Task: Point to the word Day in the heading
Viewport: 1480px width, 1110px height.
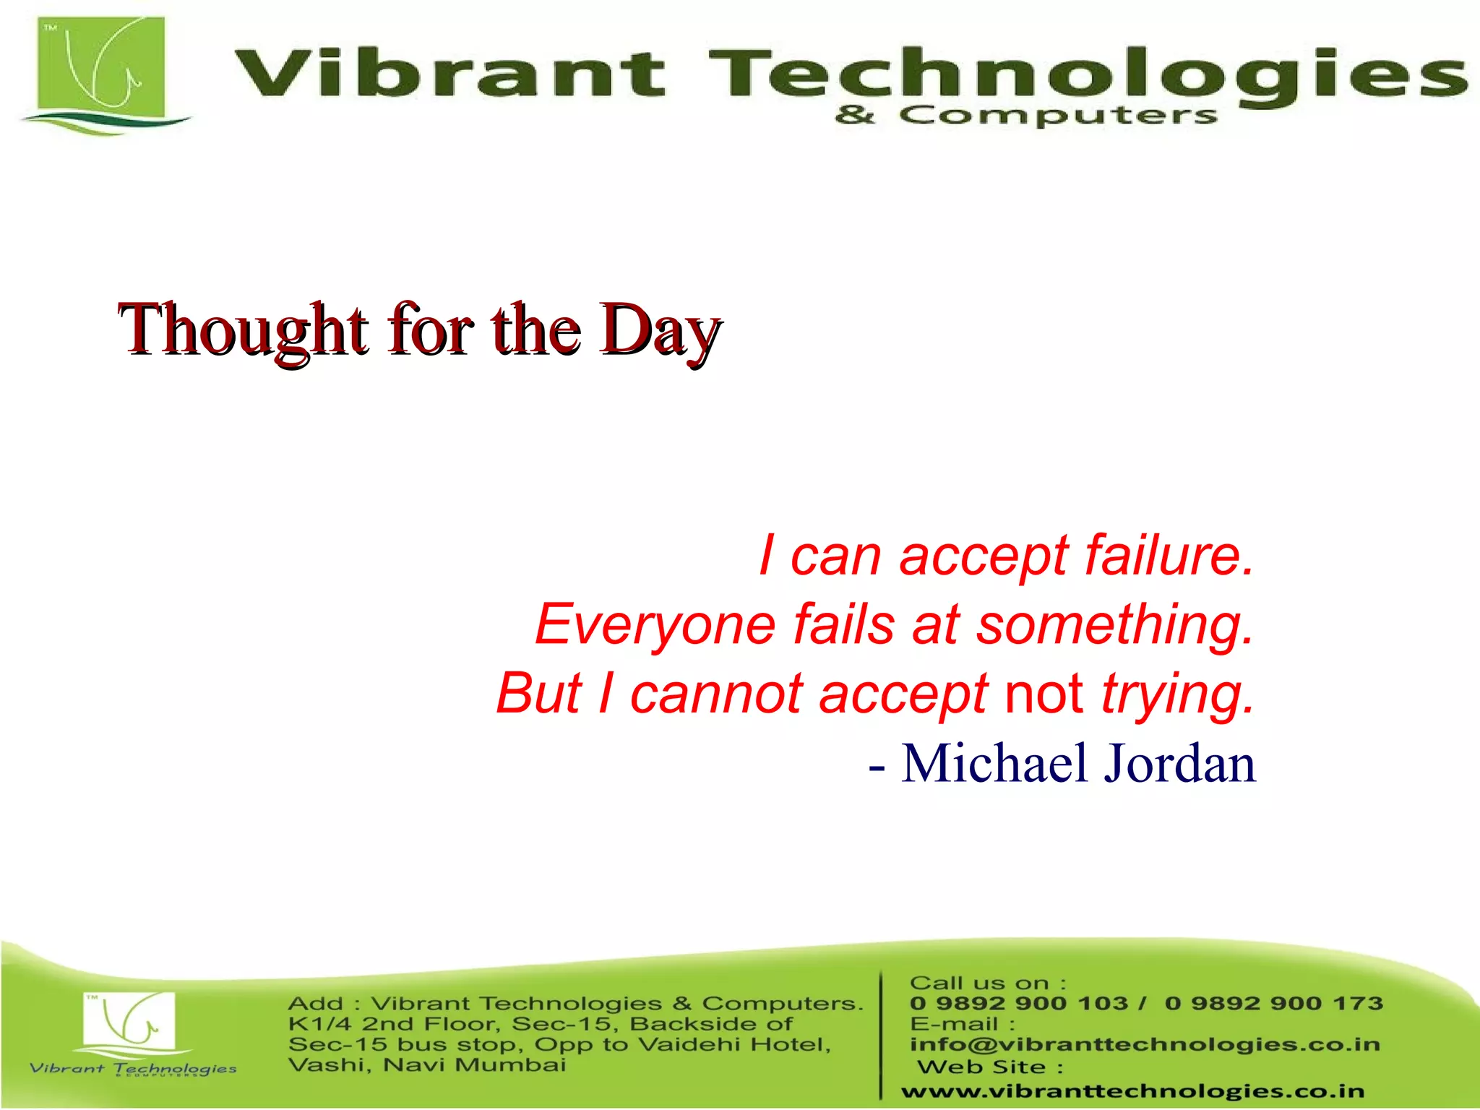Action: point(659,330)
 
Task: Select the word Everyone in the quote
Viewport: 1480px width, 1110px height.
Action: point(655,624)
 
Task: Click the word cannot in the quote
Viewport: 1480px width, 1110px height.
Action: point(715,693)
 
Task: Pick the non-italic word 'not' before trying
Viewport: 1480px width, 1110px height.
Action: point(1044,693)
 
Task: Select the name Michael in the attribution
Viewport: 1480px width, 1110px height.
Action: point(994,763)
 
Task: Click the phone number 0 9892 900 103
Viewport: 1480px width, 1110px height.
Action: point(1019,1004)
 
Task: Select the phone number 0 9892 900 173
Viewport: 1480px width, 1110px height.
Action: point(1273,1004)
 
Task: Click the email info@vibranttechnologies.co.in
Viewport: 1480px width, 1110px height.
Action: point(1145,1045)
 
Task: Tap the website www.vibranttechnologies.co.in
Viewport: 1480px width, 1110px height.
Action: point(1132,1091)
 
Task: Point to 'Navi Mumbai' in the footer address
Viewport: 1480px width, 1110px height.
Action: point(474,1065)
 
